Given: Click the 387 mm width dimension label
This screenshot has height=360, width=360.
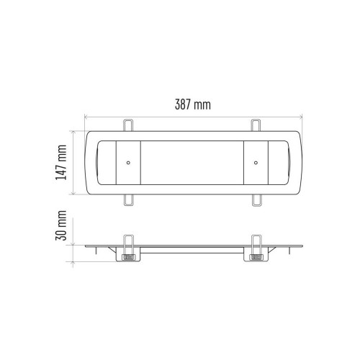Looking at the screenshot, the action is pos(193,105).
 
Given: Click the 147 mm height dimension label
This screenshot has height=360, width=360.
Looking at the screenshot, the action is pos(61,163).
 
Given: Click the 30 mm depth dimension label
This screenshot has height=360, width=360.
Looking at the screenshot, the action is pos(61,225).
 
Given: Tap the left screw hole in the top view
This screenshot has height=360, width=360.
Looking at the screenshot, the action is pos(128,163).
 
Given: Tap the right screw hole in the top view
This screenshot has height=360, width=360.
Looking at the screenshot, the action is pos(256,163).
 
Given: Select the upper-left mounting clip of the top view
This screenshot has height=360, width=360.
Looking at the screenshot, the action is pos(128,125).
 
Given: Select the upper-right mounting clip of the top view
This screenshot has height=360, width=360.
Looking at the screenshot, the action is pos(256,125).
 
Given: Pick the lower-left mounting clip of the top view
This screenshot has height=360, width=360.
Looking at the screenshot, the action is pos(129,200).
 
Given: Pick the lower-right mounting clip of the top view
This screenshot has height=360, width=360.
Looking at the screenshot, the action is pos(257,200).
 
